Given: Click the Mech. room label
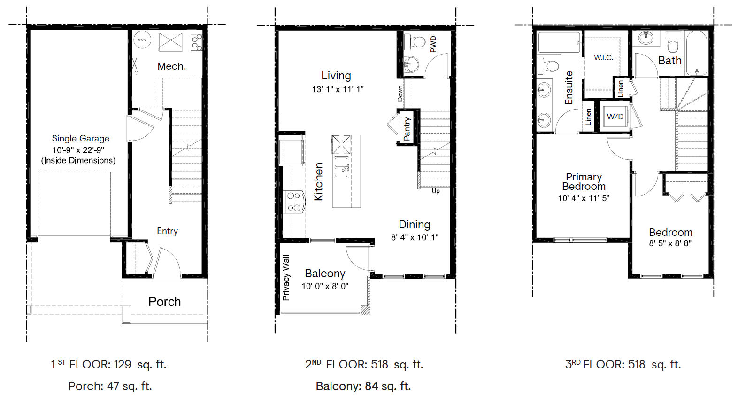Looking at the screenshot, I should [171, 66].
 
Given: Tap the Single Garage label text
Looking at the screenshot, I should [80, 138].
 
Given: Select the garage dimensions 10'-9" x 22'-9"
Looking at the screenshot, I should [78, 150].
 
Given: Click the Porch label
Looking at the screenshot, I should [164, 302].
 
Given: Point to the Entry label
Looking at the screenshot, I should [167, 231].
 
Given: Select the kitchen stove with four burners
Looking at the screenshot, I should [294, 202].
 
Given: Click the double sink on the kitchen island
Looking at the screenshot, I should [341, 167].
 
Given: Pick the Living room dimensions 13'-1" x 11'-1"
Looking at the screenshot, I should [338, 89].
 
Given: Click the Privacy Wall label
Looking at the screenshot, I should [286, 278].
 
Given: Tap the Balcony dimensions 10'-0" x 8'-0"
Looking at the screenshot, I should [325, 286].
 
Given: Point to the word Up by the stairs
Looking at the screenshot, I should [436, 191].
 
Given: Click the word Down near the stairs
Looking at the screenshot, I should [400, 94].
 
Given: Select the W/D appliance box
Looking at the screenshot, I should [615, 117].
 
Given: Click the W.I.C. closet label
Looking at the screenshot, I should [603, 58].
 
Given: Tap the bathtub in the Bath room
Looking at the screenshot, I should [697, 53].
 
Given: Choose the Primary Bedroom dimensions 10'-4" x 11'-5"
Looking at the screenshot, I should [584, 198].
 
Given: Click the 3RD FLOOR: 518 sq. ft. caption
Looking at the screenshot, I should [623, 365].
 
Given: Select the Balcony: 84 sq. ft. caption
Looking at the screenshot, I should [363, 386].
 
